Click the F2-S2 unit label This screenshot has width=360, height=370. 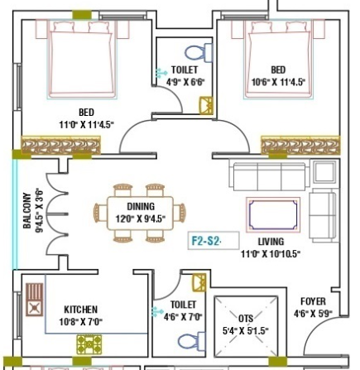(204, 241)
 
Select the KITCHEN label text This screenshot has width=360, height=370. (80, 310)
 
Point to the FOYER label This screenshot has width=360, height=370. (313, 302)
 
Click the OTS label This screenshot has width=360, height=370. (247, 318)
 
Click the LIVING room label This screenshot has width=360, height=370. (270, 242)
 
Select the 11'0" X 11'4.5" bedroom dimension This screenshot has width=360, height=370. (86, 124)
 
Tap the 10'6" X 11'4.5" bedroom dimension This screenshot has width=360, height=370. (278, 82)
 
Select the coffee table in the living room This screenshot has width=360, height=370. (272, 214)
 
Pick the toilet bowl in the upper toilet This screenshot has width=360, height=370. (187, 53)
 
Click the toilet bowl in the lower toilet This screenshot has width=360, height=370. (187, 340)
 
